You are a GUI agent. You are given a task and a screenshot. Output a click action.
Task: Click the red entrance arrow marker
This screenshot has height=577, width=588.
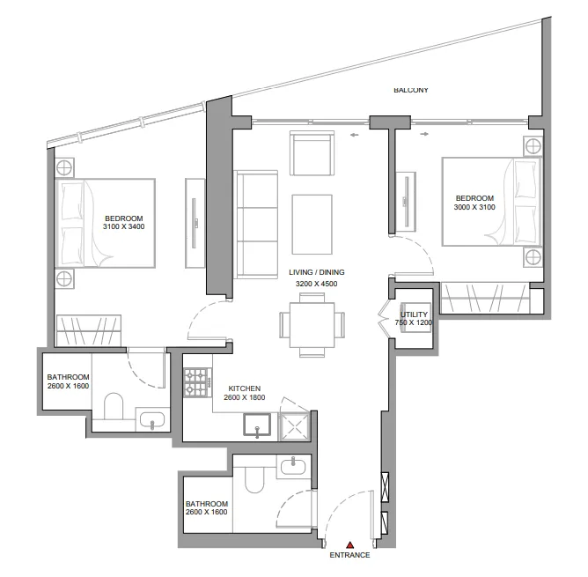[x=350, y=545]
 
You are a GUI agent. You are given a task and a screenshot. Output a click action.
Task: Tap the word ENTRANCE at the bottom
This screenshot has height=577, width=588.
[x=349, y=556]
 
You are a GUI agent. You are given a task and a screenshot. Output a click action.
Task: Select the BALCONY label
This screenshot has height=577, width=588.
[x=410, y=90]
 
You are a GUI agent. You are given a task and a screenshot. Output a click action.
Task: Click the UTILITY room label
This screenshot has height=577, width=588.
[x=414, y=314]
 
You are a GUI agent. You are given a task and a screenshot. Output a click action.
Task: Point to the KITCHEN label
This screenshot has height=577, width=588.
[x=243, y=388]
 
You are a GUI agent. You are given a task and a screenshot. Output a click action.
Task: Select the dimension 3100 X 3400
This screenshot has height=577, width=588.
[x=123, y=228]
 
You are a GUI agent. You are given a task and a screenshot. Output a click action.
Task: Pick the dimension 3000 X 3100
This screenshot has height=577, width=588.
[x=474, y=208]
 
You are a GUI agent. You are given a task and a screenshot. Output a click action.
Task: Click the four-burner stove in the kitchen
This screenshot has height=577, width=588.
[x=195, y=382]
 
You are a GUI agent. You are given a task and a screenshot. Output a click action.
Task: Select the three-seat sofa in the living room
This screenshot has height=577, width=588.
[x=256, y=224]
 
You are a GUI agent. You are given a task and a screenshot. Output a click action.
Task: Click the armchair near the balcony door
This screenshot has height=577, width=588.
[x=312, y=153]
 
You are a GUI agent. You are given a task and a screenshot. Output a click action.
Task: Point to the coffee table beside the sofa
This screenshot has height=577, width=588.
[x=312, y=217]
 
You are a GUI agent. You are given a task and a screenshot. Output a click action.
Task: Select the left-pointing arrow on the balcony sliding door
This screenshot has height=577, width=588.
[x=354, y=134]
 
